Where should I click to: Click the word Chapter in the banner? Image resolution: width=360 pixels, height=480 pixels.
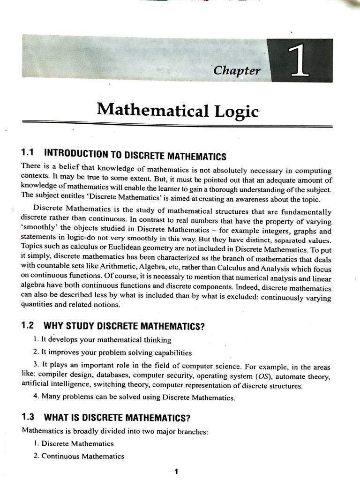pyautogui.click(x=236, y=70)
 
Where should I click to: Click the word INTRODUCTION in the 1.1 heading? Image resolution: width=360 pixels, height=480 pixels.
pyautogui.click(x=77, y=154)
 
